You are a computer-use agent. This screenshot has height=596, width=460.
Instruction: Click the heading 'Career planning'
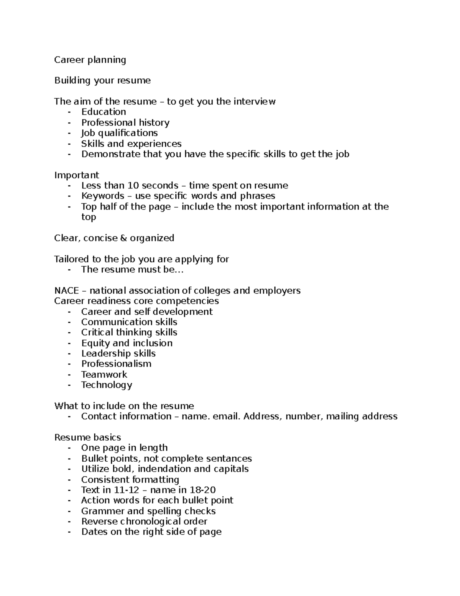pos(90,60)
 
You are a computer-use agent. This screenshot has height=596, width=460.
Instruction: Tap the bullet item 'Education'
pos(103,112)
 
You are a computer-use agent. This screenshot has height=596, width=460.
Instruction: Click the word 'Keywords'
pos(102,196)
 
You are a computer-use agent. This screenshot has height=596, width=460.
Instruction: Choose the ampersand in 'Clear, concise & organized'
pos(123,238)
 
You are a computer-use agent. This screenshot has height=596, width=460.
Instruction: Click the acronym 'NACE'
pos(66,291)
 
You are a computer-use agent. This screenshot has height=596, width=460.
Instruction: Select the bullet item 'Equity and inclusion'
pos(127,343)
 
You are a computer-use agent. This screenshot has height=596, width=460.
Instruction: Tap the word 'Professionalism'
pos(116,364)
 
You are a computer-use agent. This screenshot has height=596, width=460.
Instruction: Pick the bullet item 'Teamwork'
pos(104,375)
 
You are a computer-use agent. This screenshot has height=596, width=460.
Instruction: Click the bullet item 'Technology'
pos(107,385)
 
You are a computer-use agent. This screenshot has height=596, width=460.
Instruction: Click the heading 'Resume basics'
pos(87,438)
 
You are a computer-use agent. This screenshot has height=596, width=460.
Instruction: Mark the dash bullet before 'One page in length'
pos(69,448)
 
